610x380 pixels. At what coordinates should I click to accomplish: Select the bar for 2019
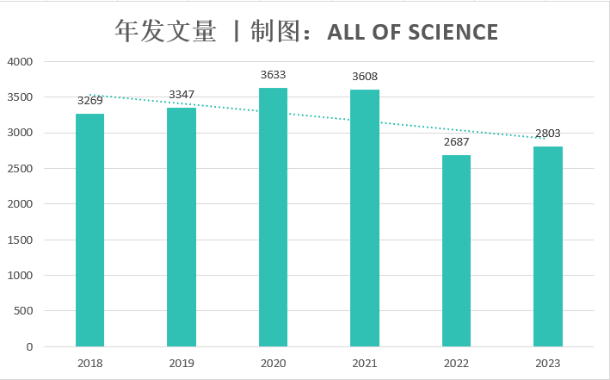coord(182,227)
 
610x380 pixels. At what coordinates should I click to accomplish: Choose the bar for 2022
coord(456,251)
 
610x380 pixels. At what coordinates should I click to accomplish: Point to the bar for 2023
coord(548,246)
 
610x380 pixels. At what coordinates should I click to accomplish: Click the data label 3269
coord(89,100)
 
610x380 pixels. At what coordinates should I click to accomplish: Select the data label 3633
coord(274,75)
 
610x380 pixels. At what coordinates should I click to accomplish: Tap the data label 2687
coord(456,142)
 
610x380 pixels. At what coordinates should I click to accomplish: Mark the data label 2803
coord(548,134)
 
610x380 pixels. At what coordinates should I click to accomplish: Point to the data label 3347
coord(182,94)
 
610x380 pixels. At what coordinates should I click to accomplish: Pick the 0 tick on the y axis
coord(29,347)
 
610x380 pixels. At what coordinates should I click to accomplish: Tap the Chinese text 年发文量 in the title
coord(165,32)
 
